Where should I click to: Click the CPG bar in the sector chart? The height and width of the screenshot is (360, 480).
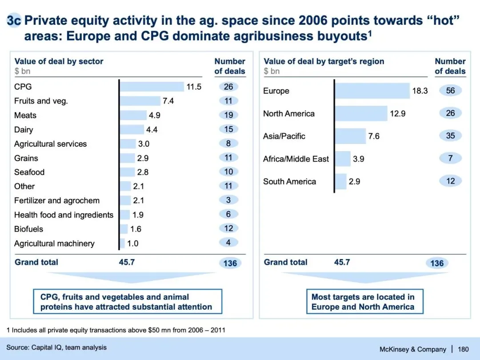pyautogui.click(x=152, y=87)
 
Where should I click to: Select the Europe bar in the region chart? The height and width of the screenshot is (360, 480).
pyautogui.click(x=372, y=91)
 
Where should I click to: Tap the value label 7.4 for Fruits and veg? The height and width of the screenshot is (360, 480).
pyautogui.click(x=168, y=101)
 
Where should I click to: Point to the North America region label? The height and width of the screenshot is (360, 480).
pyautogui.click(x=288, y=113)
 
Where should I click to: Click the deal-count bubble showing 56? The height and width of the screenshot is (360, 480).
pyautogui.click(x=450, y=91)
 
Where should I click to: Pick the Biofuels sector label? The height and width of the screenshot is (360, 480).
pyautogui.click(x=28, y=229)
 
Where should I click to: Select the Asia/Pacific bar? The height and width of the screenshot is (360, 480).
pyautogui.click(x=350, y=136)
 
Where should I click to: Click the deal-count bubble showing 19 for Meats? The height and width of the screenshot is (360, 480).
pyautogui.click(x=228, y=115)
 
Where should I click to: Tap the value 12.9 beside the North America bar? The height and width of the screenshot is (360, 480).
pyautogui.click(x=398, y=113)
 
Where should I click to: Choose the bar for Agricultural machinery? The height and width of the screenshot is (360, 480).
pyautogui.click(x=122, y=243)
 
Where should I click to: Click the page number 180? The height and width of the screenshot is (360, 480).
pyautogui.click(x=463, y=349)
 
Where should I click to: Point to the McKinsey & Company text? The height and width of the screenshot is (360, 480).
pyautogui.click(x=412, y=349)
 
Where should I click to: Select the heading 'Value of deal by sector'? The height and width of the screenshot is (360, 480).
pyautogui.click(x=59, y=61)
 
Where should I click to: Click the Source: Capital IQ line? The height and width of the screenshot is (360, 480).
pyautogui.click(x=56, y=347)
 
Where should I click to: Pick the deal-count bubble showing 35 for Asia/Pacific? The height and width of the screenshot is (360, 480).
pyautogui.click(x=450, y=136)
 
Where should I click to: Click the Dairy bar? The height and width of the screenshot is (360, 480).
pyautogui.click(x=132, y=129)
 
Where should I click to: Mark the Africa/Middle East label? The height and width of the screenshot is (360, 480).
pyautogui.click(x=296, y=159)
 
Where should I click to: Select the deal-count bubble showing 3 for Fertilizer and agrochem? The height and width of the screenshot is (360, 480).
pyautogui.click(x=228, y=200)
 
